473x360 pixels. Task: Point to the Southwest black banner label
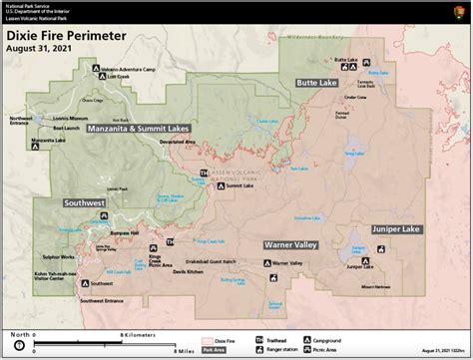[84, 202]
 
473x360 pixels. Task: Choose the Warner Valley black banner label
[291, 244]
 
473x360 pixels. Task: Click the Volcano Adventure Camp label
[129, 69]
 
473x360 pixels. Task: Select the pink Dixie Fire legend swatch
[212, 340]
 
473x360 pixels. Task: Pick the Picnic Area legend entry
[318, 350]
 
